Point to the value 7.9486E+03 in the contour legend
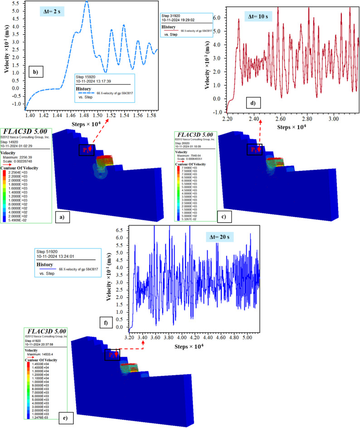coord(189,168)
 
